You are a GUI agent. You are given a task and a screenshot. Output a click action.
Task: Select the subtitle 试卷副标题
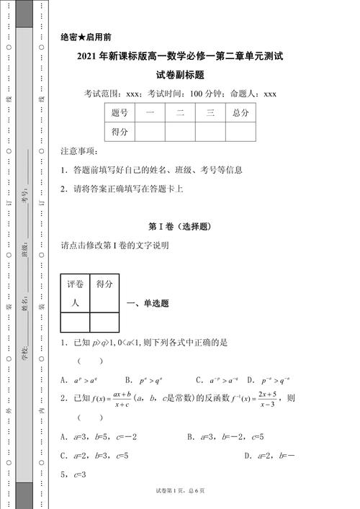pos(180,74)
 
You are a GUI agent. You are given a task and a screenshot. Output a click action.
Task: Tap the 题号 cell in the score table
pos(120,113)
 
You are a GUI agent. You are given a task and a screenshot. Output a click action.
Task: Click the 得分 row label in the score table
pos(120,132)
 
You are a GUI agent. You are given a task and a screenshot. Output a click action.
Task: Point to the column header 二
pos(180,113)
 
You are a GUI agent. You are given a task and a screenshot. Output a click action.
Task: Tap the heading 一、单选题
pos(148,304)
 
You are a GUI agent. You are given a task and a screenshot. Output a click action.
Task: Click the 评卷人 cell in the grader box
pos(76,293)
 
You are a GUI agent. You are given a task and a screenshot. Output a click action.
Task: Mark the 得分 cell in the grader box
pos(104,284)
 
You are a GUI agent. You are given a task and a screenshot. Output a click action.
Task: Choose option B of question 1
pos(143,379)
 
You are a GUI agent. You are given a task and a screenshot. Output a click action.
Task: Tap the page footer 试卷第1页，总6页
pos(180,490)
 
